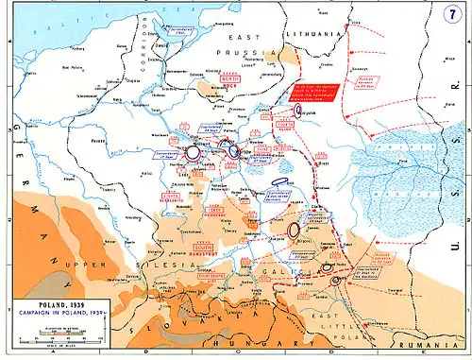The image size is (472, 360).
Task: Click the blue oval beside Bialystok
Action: click(298, 111)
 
